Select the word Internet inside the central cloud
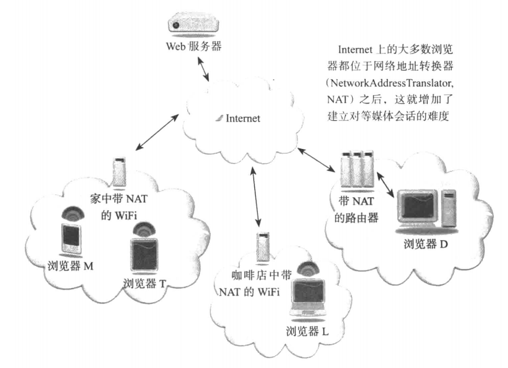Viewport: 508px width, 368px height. click(x=242, y=118)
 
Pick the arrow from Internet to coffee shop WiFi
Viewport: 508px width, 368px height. click(x=255, y=194)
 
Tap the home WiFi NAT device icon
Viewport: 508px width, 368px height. click(x=120, y=171)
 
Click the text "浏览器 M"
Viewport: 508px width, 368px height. click(x=69, y=266)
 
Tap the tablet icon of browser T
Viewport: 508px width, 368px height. click(x=144, y=254)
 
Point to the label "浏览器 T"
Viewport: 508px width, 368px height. click(x=145, y=284)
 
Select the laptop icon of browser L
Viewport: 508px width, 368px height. click(x=308, y=297)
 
